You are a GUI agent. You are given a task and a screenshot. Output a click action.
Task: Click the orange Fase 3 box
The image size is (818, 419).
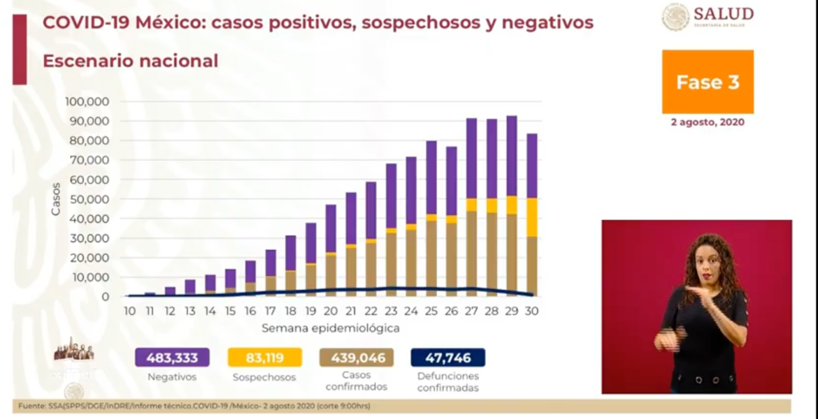708,82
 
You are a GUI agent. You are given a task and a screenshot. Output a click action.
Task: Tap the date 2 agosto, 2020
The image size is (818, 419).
708,122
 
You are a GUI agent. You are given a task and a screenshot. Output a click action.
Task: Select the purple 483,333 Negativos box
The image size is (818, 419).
172,358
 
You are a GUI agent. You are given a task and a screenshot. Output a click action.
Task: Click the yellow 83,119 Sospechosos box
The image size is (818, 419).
265,358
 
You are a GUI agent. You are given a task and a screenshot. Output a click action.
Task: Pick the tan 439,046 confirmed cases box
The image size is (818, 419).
357,358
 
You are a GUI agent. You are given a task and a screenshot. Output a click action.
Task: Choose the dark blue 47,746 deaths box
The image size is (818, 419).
448,358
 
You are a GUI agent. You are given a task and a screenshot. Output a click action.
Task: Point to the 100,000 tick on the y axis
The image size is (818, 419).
87,101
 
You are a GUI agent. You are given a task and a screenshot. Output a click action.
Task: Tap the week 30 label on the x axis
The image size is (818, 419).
533,311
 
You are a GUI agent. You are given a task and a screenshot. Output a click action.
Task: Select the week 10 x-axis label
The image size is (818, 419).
129,311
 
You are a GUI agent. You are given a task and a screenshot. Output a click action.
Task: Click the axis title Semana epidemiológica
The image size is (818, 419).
331,328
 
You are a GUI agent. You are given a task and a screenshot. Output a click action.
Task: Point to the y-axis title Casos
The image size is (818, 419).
55,199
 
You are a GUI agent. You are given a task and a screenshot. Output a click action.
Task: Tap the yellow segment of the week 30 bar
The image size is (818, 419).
533,217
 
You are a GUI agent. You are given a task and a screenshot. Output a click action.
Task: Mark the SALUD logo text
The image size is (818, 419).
724,14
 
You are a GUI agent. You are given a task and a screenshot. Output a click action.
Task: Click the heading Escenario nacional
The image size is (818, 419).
130,61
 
